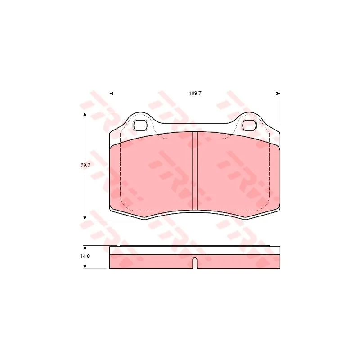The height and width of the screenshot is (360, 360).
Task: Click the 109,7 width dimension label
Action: coord(195,94)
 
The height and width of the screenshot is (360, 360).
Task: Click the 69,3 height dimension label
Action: coord(85,165)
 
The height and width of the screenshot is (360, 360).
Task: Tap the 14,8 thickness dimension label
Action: coord(85,256)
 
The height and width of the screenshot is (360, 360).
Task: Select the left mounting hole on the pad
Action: coord(140,126)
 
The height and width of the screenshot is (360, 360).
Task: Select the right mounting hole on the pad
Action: coord(249,126)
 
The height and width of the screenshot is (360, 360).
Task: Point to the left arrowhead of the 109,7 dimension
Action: coord(112,94)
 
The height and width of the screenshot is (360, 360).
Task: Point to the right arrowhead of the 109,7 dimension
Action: coord(278,94)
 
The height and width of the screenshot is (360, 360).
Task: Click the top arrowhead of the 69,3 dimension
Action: coord(85,114)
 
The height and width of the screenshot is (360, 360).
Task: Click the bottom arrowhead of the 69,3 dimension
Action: coord(85,218)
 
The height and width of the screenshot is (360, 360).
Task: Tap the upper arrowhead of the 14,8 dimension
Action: coord(85,248)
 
